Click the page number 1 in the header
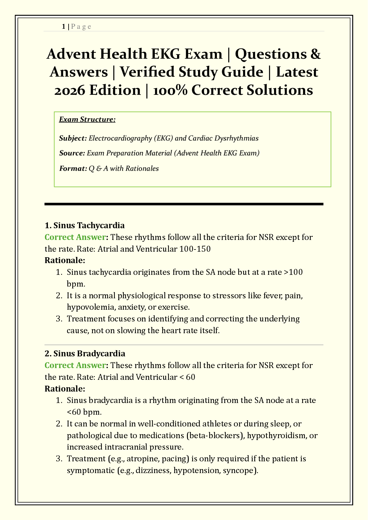(x=64, y=27)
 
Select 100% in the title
(x=168, y=90)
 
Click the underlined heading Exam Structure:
(x=87, y=120)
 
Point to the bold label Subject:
(x=73, y=138)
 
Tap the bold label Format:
(x=73, y=168)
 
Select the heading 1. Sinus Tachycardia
(x=85, y=225)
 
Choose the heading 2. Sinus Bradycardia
(x=85, y=353)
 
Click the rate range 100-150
(x=195, y=249)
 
